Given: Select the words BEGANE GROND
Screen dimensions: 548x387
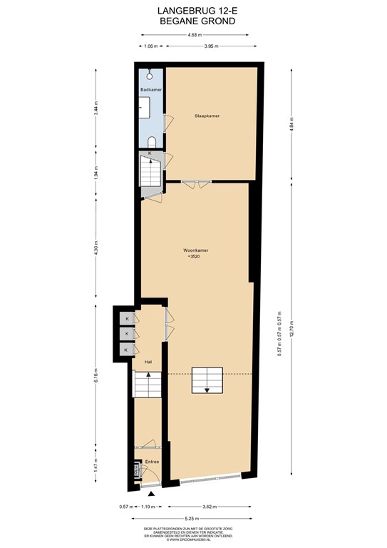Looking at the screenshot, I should [193, 21].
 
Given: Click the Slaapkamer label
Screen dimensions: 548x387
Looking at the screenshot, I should [207, 115].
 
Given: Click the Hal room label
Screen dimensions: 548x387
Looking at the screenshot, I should [148, 362].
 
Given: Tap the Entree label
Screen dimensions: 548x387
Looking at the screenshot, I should [151, 462].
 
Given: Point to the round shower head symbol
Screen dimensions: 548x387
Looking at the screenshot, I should [150, 74].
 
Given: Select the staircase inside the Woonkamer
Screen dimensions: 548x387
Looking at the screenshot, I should [205, 380].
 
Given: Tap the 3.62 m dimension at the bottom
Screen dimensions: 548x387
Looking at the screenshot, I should [210, 507].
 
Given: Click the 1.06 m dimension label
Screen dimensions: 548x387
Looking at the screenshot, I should [150, 46].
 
